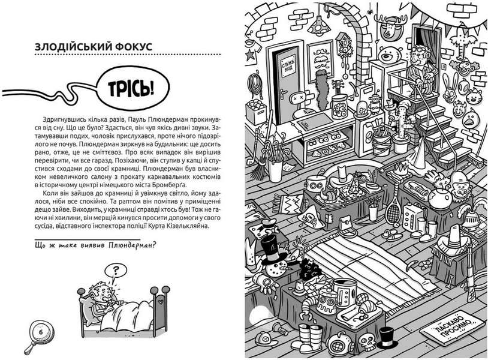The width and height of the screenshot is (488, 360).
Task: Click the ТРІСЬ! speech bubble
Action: pyautogui.click(x=133, y=88)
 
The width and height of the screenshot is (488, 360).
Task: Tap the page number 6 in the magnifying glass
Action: pyautogui.click(x=41, y=332)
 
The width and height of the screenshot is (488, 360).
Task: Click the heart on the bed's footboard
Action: pyautogui.click(x=160, y=302)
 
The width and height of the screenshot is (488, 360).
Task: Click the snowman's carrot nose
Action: pyautogui.click(x=287, y=268)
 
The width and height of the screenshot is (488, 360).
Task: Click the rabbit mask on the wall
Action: pyautogui.click(x=449, y=88)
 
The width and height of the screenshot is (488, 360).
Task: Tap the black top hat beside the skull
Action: pyautogui.click(x=387, y=338)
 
